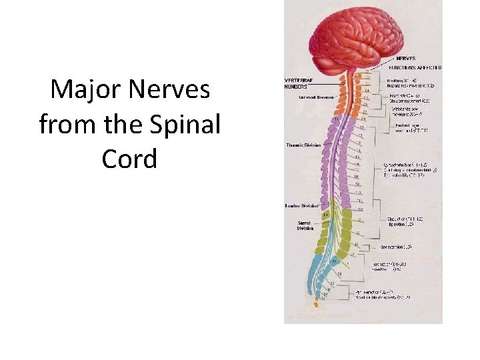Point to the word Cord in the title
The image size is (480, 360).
[129, 159]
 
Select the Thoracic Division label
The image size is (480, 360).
[303, 145]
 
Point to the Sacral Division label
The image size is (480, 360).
[305, 225]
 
